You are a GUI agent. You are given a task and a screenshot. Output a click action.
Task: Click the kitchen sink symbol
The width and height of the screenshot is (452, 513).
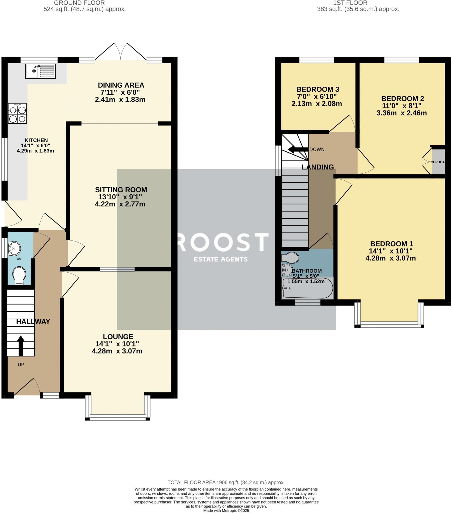coord(40,71)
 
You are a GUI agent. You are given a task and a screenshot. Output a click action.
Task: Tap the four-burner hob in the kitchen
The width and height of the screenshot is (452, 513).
coord(17,114)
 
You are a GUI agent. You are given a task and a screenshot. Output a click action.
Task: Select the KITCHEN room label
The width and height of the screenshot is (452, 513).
coord(36,140)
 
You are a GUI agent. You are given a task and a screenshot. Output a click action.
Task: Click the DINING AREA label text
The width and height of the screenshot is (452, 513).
coord(121,85)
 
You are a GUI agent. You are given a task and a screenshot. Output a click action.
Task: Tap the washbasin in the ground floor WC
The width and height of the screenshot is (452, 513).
coord(15,248)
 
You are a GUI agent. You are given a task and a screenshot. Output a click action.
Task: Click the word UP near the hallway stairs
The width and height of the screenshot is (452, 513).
coord(21,365)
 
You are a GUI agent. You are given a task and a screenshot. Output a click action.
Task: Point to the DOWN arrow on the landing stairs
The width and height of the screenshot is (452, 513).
coord(297,150)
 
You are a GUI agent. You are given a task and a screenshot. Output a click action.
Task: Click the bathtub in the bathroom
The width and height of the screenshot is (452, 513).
coord(307,288)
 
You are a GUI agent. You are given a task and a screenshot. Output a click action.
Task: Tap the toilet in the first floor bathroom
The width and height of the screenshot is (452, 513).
coord(290,258)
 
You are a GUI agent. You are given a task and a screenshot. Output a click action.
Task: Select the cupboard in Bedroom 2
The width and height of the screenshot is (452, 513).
coord(438,162)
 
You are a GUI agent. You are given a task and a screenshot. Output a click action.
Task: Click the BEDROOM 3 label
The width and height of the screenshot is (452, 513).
coord(317,89)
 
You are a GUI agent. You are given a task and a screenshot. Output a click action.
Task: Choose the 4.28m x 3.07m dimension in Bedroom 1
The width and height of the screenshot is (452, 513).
coord(390,258)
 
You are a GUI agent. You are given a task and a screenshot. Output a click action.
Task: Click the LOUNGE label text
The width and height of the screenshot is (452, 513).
coord(118,337)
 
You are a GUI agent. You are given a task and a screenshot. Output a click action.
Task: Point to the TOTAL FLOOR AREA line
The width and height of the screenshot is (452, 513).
coord(226,482)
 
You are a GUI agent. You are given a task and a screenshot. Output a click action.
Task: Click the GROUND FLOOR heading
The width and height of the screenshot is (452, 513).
coord(79,3)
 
